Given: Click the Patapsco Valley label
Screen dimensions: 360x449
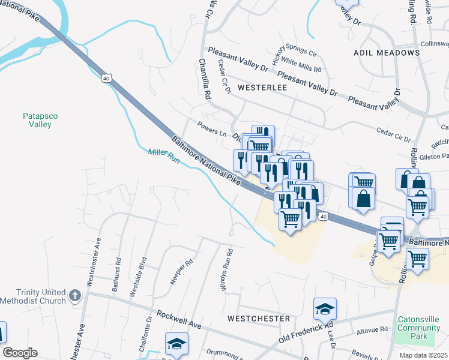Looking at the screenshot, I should point(37,120).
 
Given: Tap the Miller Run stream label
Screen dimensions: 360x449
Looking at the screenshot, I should point(164,157).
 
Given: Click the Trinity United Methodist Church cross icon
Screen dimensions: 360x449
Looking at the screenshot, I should point(74,295).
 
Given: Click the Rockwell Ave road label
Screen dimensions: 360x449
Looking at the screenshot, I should point(178,319).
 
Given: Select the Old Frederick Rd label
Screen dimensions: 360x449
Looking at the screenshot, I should point(305,334).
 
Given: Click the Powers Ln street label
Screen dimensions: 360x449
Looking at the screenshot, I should point(211,128).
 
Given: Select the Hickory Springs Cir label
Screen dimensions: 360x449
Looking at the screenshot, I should point(295,51).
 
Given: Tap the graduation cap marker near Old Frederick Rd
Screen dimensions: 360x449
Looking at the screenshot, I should point(325,310).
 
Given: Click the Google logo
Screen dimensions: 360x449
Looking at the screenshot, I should point(20,353).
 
